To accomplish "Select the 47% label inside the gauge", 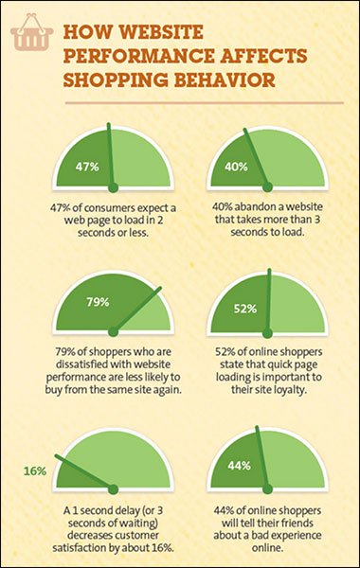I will (88, 167).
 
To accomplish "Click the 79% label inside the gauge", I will (98, 303).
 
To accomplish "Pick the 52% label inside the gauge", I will (245, 309).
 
